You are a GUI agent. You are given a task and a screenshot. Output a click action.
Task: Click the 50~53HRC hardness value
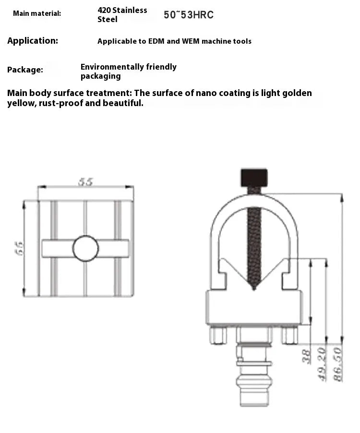[188, 15]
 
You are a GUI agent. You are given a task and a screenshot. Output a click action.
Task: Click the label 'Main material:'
[37, 13]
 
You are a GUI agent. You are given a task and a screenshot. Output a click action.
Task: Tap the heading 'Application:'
[33, 41]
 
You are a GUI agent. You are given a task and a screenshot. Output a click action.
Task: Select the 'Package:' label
[25, 70]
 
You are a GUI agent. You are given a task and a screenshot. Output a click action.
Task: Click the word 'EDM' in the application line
[156, 41]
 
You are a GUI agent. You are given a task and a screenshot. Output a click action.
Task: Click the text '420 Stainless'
[122, 10]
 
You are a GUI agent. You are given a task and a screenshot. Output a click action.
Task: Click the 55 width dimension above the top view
[85, 182]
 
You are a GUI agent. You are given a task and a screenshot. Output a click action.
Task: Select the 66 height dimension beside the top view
[19, 248]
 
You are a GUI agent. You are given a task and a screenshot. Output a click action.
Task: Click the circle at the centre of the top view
[85, 249]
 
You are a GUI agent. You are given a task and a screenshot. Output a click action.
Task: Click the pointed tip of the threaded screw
[254, 288]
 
